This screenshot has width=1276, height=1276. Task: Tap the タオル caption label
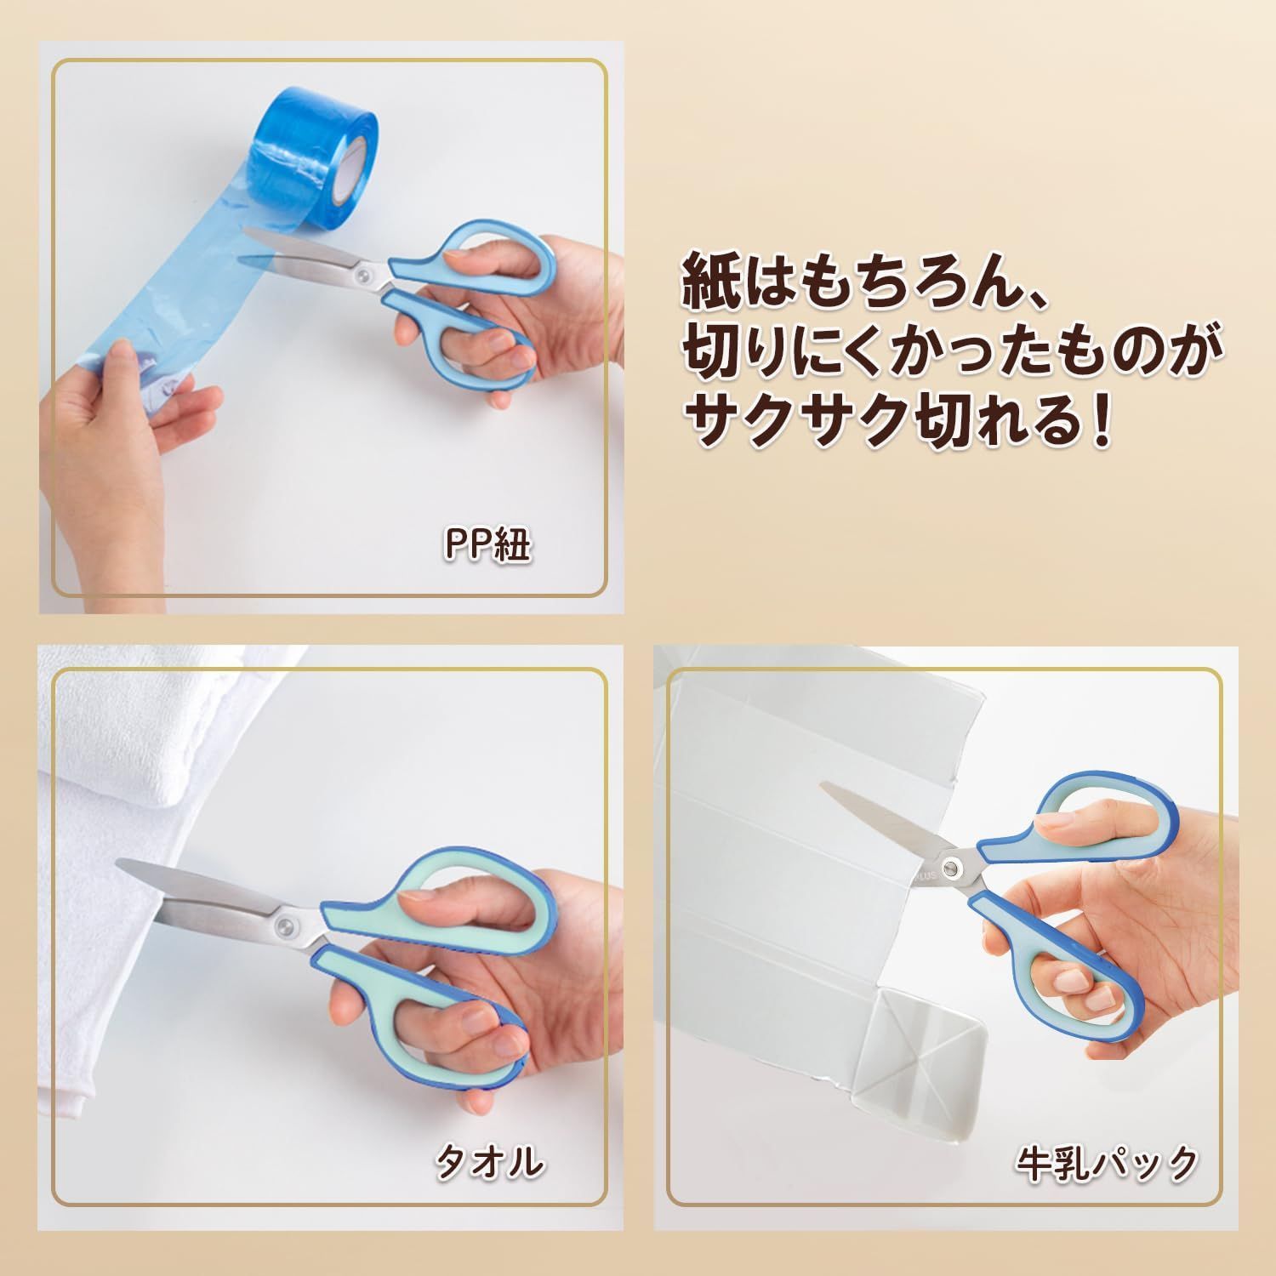(x=489, y=1162)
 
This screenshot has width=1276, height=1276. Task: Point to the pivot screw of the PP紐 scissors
(x=365, y=275)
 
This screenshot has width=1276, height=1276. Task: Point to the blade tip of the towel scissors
(x=119, y=865)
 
